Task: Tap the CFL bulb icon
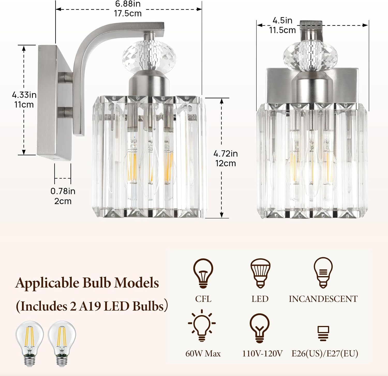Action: coord(203,273)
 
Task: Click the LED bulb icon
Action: coord(260,273)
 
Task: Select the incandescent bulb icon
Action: coord(323,272)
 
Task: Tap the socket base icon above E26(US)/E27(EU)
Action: coord(323,333)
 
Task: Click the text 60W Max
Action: coord(203,353)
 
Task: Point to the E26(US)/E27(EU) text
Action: coord(325,353)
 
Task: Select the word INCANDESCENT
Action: coord(323,299)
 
